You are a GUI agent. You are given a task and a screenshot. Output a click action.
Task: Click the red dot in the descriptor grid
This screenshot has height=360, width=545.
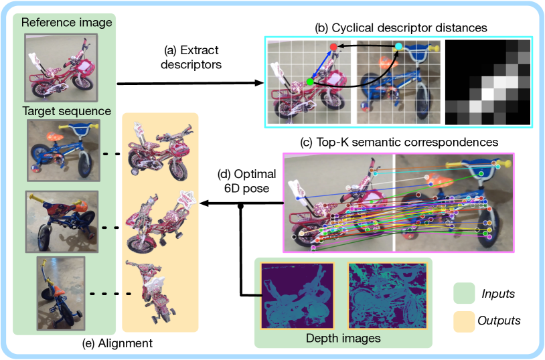tap(333, 46)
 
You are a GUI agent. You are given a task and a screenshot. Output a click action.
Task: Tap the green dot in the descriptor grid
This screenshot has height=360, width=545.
tap(309, 82)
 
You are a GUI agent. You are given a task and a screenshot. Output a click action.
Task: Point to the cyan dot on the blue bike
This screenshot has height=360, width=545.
tap(399, 46)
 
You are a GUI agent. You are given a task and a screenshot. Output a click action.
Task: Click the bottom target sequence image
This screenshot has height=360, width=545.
tap(60, 292)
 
